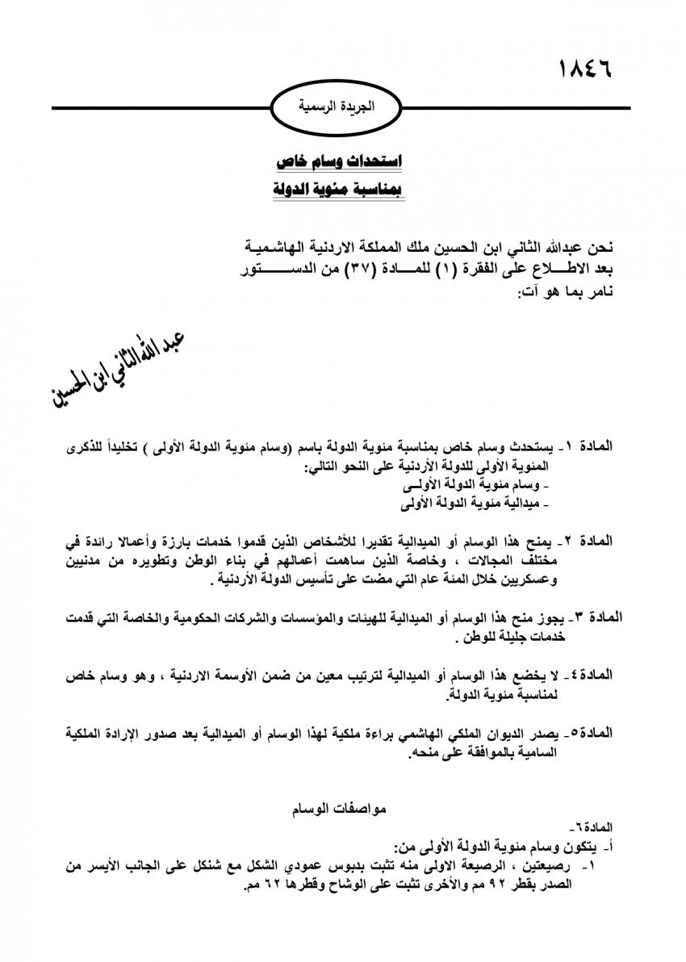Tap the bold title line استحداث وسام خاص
[340, 162]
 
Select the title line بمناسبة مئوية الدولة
[340, 190]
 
